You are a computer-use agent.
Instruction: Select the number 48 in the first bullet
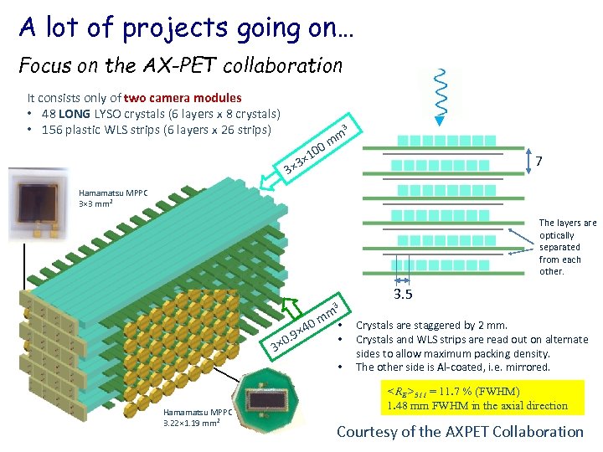pyautogui.click(x=45, y=114)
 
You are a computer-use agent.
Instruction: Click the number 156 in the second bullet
pyautogui.click(x=49, y=130)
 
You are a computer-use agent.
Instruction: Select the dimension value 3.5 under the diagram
pyautogui.click(x=404, y=294)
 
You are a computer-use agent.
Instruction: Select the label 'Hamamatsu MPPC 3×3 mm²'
pyautogui.click(x=112, y=198)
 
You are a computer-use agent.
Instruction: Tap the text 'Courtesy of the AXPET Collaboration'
pyautogui.click(x=460, y=432)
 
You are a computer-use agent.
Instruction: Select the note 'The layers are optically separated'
pyautogui.click(x=567, y=247)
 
